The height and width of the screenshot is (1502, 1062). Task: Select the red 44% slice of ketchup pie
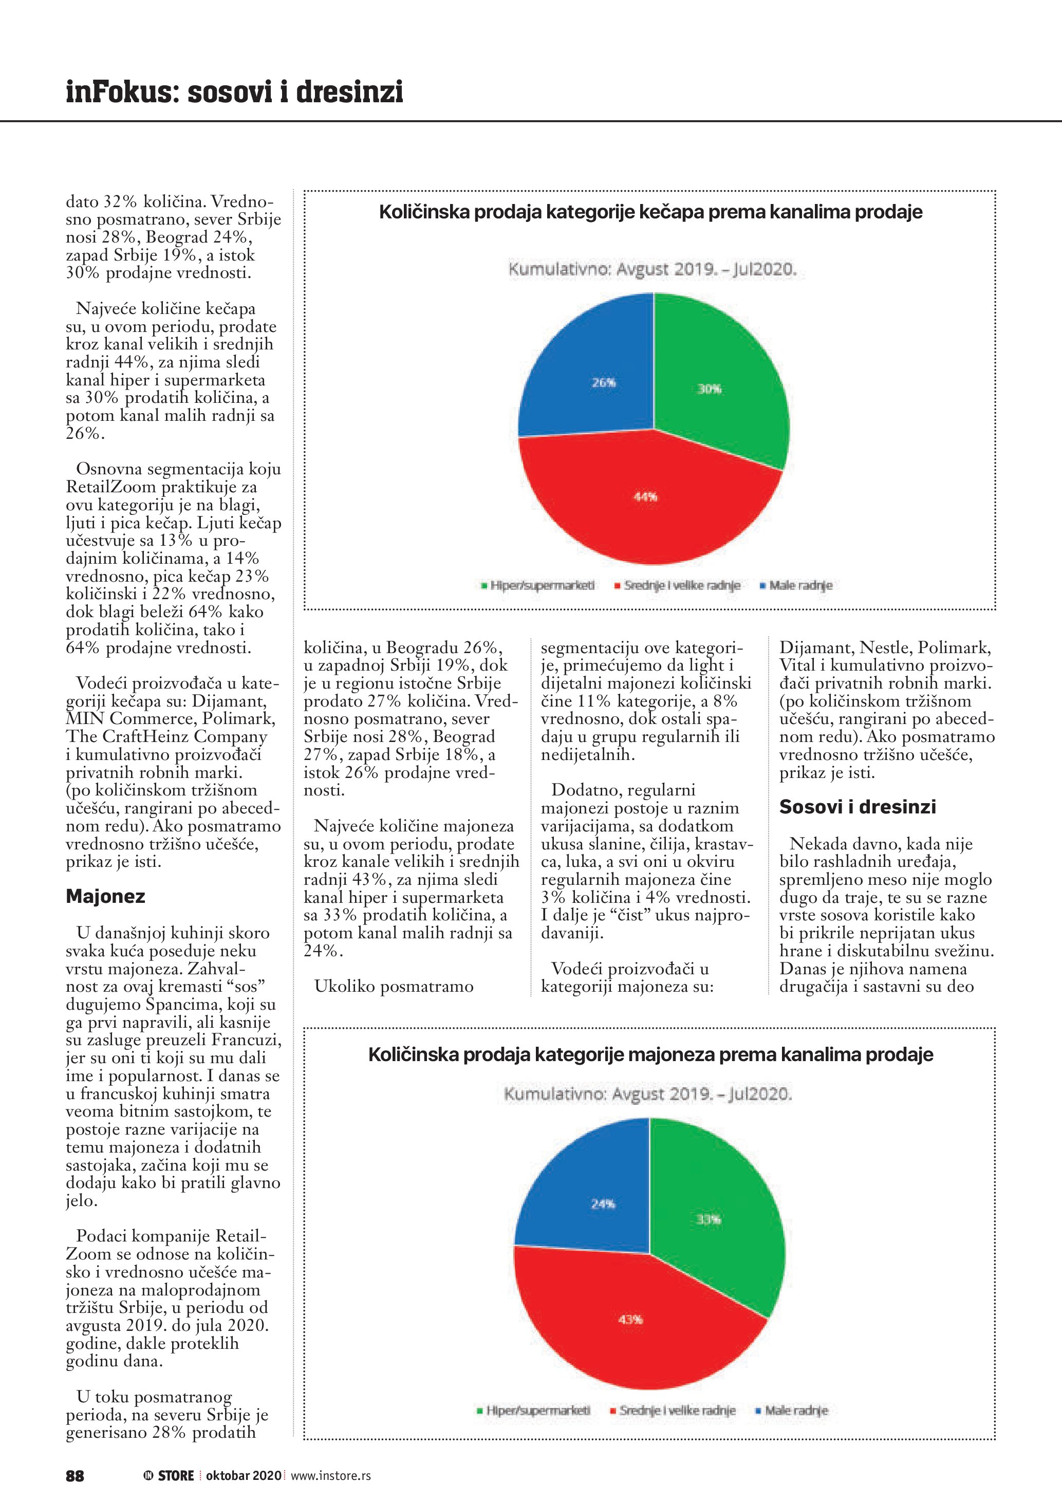(x=647, y=504)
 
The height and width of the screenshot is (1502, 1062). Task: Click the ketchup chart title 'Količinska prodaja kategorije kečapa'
(x=650, y=212)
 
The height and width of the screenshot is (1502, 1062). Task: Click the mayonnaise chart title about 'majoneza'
(x=650, y=1054)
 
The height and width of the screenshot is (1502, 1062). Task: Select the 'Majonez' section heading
(x=105, y=896)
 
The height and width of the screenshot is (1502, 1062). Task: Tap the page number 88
(x=75, y=1476)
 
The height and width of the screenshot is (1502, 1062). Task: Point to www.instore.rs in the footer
(x=330, y=1476)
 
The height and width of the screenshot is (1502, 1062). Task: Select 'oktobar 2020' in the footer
(x=243, y=1476)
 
